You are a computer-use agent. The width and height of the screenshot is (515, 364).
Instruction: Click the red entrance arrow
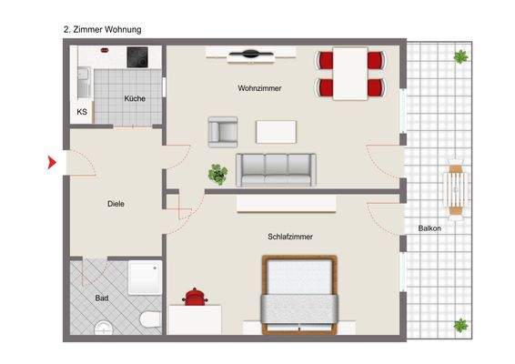pos(52,162)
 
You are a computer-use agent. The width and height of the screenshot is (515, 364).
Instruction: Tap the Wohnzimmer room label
pos(259,88)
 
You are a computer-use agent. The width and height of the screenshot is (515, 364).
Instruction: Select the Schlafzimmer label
pos(290,237)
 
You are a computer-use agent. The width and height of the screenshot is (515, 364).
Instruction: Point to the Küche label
pos(135,98)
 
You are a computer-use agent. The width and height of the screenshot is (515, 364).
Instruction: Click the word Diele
pos(116,204)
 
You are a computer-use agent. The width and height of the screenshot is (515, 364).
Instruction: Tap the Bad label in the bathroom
pos(102,298)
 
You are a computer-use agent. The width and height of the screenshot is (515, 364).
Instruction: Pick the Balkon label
pos(429,228)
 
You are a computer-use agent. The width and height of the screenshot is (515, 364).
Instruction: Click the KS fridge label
pos(82,112)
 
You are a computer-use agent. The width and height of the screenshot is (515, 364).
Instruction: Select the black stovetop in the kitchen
pos(137,57)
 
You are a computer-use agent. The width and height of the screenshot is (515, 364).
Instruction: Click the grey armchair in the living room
pos(223,132)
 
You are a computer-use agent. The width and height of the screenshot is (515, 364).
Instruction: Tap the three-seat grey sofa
pos(276,170)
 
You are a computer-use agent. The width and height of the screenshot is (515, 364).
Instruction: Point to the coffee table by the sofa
pos(276,132)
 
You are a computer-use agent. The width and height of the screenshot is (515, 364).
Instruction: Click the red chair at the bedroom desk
pos(195,297)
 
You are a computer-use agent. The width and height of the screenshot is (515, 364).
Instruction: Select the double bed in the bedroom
pos(299,295)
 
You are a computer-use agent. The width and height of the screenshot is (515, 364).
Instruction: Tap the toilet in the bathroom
pos(150,319)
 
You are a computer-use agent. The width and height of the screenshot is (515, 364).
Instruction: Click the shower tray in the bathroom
pos(145,278)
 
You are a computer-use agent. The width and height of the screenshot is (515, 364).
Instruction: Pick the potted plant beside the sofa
pos(217,174)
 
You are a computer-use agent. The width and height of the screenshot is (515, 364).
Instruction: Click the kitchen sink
pos(84,83)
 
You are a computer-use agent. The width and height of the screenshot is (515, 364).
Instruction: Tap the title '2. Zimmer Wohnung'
pos(103,29)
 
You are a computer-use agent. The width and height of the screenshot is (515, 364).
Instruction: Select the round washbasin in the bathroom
pos(104,329)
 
